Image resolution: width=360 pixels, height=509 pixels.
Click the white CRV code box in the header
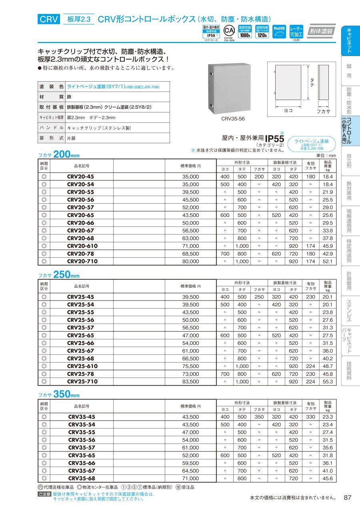coord(49,19)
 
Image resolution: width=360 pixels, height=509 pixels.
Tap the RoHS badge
coord(279,31)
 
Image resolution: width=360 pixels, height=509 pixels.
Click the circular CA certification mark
coord(228,31)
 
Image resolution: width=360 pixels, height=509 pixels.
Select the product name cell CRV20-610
coord(82,246)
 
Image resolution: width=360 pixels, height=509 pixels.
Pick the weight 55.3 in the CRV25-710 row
coord(328,382)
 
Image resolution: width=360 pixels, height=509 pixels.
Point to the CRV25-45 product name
coord(80,297)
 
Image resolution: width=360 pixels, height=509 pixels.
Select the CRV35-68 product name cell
coord(82,478)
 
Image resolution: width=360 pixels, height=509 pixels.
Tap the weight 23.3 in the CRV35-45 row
coord(328,417)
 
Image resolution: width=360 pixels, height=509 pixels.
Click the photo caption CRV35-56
coord(233,119)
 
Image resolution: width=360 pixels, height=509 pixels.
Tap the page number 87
coord(347,497)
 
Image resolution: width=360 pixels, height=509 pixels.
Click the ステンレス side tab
coord(349,311)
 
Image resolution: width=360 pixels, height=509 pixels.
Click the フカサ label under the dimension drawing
coord(323,111)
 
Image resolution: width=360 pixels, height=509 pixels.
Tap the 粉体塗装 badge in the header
coord(321,31)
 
